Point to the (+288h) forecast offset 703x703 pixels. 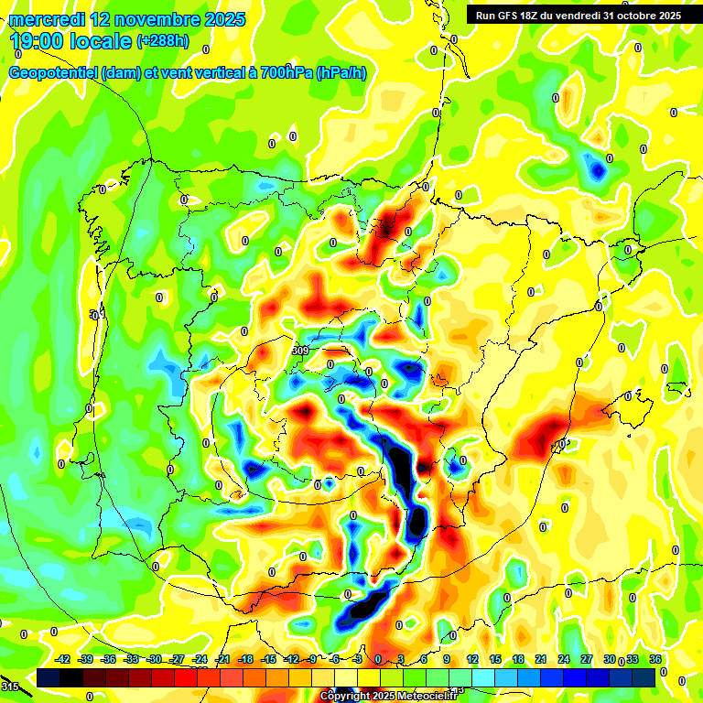[x=162, y=41]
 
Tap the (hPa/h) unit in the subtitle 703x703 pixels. [x=341, y=72]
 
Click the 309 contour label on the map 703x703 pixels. [x=300, y=351]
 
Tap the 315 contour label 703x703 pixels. [x=9, y=687]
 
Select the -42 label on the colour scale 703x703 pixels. [x=63, y=659]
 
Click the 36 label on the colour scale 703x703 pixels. [x=656, y=659]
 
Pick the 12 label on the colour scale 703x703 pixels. [x=472, y=659]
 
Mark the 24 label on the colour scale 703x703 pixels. [x=564, y=659]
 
